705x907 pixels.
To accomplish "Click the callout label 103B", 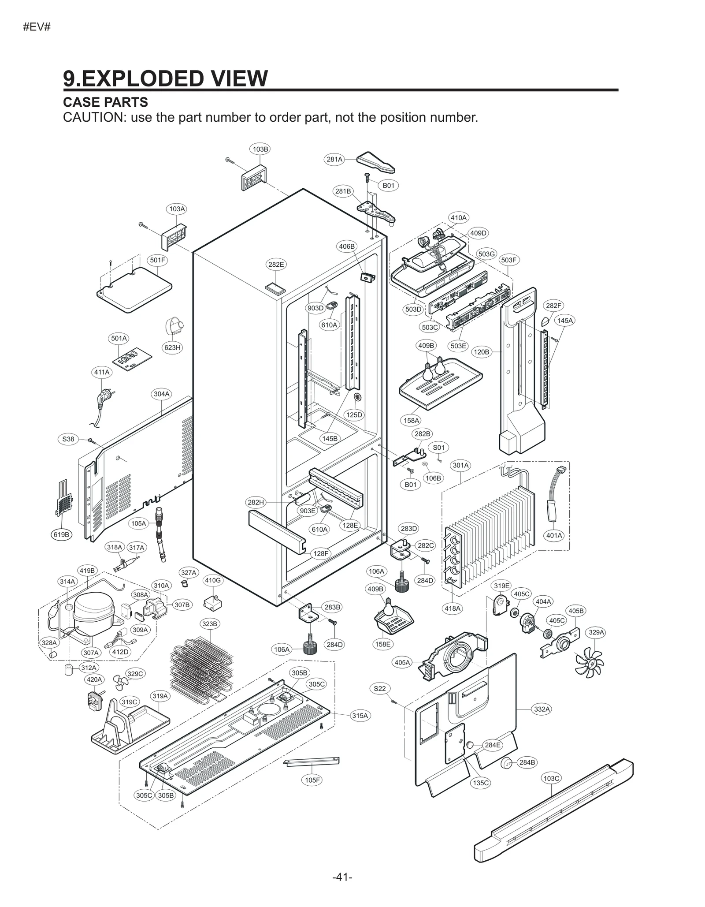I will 260,149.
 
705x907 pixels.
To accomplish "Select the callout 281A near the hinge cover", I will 334,159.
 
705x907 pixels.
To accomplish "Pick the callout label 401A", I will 554,535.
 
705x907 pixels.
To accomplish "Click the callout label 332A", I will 542,709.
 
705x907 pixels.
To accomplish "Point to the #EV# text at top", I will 37,27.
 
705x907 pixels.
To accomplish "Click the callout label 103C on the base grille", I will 551,778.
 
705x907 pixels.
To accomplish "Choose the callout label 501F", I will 157,260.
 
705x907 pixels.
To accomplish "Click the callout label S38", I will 68,439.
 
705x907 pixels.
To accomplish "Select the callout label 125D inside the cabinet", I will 354,414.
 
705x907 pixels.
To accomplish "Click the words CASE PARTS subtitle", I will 105,102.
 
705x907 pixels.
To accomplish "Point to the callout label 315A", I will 360,715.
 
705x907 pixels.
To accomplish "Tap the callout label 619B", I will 61,534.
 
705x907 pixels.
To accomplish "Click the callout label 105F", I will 312,780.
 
